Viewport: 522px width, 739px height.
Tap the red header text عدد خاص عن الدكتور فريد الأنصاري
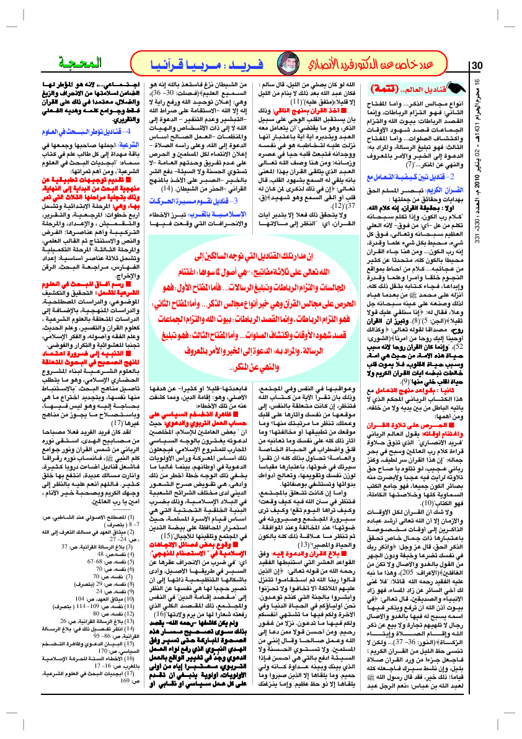[x=372, y=64]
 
